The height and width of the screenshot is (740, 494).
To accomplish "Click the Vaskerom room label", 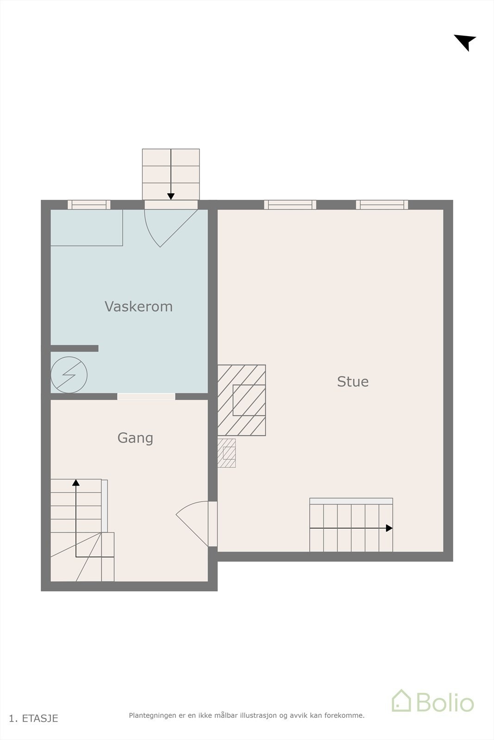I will (x=138, y=306).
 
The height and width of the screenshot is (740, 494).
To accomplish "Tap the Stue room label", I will (x=353, y=382).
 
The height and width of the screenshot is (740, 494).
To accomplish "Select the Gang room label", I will (x=135, y=438).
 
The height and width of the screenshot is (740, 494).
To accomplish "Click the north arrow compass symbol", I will (x=465, y=42).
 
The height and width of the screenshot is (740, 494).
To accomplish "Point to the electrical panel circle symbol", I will (x=69, y=375).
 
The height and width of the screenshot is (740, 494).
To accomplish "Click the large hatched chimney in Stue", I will (x=242, y=400).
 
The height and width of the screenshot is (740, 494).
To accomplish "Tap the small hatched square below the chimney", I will (x=227, y=453).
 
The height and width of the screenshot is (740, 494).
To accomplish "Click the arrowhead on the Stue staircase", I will (x=389, y=528).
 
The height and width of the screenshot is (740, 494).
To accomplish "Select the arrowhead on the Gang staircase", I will (x=76, y=483).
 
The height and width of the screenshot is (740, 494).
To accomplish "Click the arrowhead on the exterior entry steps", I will (x=171, y=197).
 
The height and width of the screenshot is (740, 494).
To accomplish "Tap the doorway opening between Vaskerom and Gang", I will (x=146, y=396).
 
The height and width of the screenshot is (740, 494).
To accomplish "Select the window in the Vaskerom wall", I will (x=89, y=204).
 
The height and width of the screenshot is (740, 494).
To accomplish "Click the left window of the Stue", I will (x=290, y=204).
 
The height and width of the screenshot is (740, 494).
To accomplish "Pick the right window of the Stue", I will (x=382, y=204).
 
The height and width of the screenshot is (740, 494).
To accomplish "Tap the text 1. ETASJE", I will (x=34, y=718).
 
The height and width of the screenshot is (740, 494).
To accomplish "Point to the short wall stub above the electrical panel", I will (x=74, y=348).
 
